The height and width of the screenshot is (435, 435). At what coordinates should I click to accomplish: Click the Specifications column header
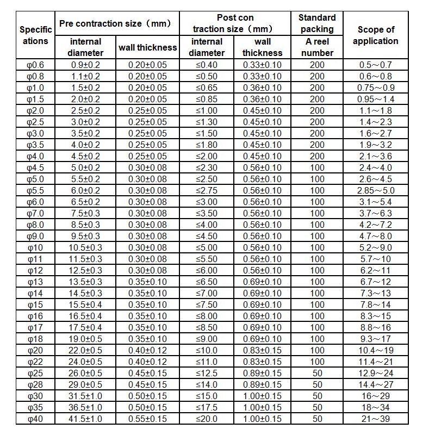[x=36, y=35]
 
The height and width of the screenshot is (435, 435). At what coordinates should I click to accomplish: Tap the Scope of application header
[x=375, y=35]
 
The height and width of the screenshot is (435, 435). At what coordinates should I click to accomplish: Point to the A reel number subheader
[x=317, y=47]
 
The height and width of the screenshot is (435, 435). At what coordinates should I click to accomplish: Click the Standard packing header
[x=317, y=23]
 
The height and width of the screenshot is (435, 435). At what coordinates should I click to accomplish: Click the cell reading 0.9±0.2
[x=86, y=65]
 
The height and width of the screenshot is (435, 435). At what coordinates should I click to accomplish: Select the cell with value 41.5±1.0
[x=86, y=419]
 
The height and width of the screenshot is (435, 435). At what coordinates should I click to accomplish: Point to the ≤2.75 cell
[x=207, y=190]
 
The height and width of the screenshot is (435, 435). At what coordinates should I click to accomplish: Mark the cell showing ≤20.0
[x=207, y=419]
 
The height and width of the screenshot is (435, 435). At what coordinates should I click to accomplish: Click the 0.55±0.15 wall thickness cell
[x=147, y=419]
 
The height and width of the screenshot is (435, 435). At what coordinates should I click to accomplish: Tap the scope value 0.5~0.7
[x=375, y=65]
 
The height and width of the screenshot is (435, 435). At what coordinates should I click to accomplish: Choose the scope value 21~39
[x=375, y=419]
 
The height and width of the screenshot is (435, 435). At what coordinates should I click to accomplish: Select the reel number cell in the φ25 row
[x=317, y=373]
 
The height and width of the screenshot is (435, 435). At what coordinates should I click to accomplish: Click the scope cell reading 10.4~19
[x=375, y=350]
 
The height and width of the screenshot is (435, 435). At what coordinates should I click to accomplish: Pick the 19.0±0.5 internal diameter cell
[x=86, y=339]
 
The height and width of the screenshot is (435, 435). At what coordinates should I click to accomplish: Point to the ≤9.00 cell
[x=207, y=339]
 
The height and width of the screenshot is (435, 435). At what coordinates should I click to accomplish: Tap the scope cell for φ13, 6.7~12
[x=375, y=282]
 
